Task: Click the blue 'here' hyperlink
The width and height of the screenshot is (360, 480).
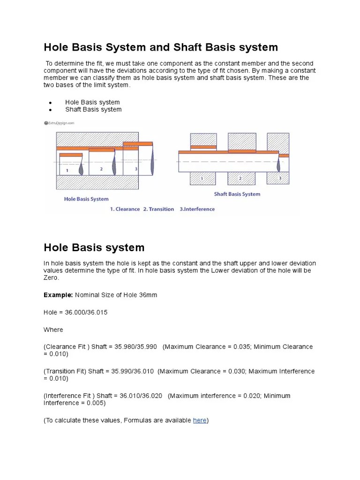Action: (200, 420)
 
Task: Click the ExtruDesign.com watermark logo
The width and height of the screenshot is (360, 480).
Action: (59, 123)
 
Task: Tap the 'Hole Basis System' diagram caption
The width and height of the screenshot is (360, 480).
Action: (86, 199)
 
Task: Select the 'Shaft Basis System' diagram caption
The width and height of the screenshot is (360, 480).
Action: (237, 194)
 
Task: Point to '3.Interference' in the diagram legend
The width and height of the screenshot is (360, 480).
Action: (197, 209)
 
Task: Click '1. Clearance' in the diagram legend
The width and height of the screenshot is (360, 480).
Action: (125, 209)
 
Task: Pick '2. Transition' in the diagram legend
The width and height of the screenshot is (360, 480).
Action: (159, 209)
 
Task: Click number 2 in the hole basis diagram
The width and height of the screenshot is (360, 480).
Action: (101, 169)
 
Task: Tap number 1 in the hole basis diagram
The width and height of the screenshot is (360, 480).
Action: (67, 171)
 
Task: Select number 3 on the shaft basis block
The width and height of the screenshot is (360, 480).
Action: (280, 179)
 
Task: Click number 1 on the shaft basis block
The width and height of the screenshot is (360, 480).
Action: (202, 179)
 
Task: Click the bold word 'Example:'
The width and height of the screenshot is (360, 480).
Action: (59, 295)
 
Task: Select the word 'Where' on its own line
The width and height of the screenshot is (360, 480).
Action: (53, 330)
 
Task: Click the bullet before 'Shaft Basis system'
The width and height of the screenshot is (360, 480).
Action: (50, 110)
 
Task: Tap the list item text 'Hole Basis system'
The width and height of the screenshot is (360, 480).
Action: (92, 102)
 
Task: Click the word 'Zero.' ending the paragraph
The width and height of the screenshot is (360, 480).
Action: (52, 278)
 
